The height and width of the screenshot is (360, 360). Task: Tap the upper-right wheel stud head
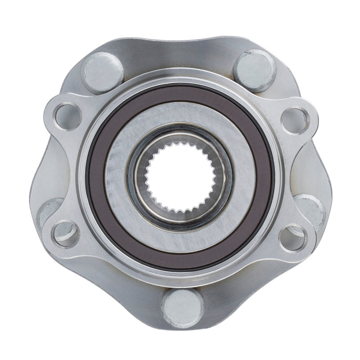click(x=255, y=70)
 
